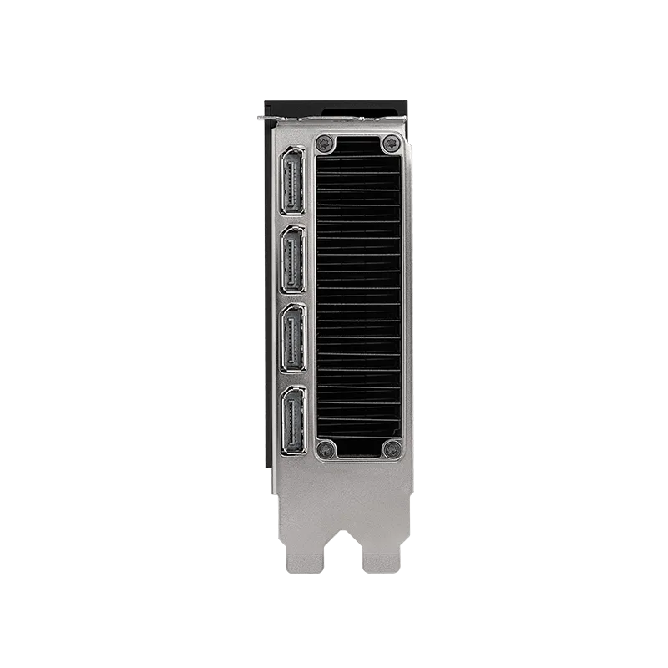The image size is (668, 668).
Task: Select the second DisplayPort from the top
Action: pyautogui.click(x=293, y=260)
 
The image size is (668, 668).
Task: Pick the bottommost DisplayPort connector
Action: pyautogui.click(x=293, y=420)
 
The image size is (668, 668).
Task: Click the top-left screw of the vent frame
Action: pyautogui.click(x=327, y=144)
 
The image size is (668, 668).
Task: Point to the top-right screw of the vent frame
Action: pyautogui.click(x=390, y=144)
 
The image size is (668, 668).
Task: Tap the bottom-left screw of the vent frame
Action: pyautogui.click(x=327, y=450)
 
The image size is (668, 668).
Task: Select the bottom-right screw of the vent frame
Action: pyautogui.click(x=390, y=450)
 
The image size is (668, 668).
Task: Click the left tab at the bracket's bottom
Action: pyautogui.click(x=301, y=560)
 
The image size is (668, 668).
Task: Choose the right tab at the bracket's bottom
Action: pyautogui.click(x=382, y=560)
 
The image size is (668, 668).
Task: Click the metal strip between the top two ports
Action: pyautogui.click(x=293, y=221)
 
